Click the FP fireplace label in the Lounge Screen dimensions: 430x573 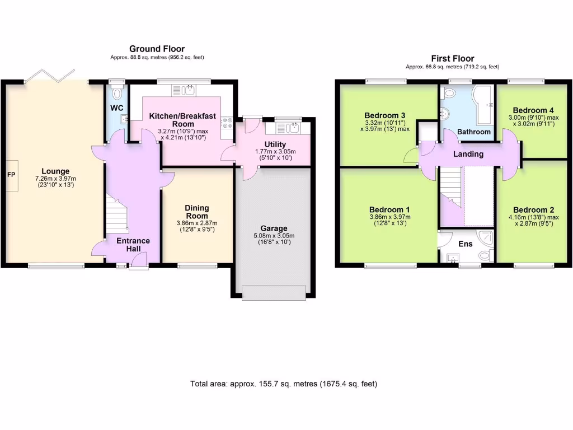(x=11, y=174)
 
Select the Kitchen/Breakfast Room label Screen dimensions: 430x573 (x=182, y=120)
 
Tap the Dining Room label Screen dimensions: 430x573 (x=197, y=212)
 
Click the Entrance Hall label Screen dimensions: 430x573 (x=133, y=245)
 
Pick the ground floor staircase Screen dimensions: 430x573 (x=116, y=216)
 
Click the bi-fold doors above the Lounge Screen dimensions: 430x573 (x=56, y=75)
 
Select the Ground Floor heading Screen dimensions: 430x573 (x=157, y=49)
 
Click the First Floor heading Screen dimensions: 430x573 (x=452, y=58)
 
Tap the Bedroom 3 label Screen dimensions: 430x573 (x=384, y=115)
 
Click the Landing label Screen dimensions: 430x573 (x=468, y=154)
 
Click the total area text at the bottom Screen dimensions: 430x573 (x=284, y=384)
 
